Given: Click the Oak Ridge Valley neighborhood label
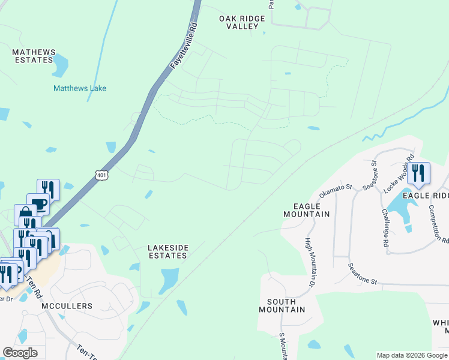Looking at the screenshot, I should tap(242, 23).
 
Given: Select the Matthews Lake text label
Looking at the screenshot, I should tap(80, 88).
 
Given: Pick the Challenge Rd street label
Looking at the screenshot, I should tap(384, 227).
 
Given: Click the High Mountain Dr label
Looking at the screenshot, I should tap(309, 262).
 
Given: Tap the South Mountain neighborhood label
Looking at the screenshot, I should tap(282, 305).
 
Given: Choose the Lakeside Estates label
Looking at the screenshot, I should tap(169, 251).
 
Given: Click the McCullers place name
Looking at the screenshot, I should tap(67, 306).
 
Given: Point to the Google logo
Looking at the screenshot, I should tap(20, 353).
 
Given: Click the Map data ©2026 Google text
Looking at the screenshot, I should tap(412, 355).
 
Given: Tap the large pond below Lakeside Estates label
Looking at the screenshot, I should tap(169, 280).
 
